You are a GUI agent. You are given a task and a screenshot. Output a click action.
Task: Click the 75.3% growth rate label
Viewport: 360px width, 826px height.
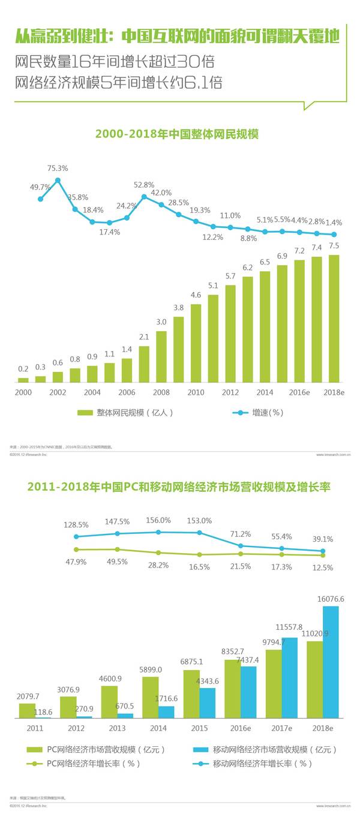[x=58, y=168]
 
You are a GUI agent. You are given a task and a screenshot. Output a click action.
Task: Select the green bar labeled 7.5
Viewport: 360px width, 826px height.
[x=334, y=319]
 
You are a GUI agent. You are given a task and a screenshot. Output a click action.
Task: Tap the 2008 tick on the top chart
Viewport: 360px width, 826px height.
[x=161, y=392]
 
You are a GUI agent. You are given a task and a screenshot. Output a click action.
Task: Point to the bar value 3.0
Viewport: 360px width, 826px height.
[x=161, y=322]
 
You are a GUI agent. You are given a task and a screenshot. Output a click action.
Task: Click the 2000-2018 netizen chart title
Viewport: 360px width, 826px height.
[x=177, y=134]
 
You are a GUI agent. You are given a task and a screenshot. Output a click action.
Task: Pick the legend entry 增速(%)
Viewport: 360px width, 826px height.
[x=259, y=413]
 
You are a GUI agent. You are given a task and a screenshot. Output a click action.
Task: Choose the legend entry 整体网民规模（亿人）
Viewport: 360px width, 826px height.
[x=125, y=413]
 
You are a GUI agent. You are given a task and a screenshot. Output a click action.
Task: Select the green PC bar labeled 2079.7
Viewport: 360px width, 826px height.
[x=28, y=710]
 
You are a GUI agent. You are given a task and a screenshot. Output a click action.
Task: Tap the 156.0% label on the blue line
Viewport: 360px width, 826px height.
[x=158, y=520]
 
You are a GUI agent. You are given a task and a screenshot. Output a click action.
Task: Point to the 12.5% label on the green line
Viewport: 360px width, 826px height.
[x=322, y=567]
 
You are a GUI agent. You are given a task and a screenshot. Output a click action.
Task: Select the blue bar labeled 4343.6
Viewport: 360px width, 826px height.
[x=207, y=702]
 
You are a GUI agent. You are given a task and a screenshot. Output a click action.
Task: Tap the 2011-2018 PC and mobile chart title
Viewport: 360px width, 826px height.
[x=179, y=487]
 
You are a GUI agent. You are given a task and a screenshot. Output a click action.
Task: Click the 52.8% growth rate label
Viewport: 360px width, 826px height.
[x=144, y=185]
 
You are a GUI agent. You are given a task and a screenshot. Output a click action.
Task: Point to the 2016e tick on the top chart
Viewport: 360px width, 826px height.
[x=299, y=392]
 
